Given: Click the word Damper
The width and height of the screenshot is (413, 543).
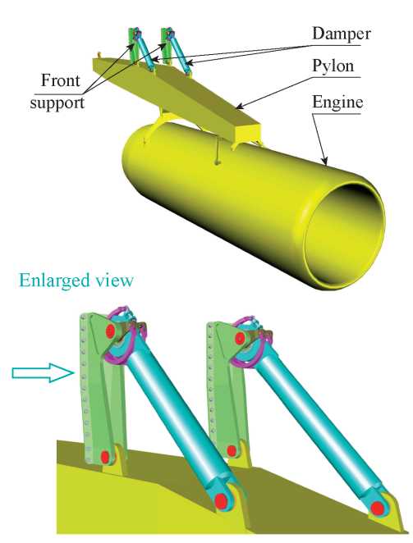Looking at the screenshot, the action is point(342,34).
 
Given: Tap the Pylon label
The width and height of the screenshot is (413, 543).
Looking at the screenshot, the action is point(333,66).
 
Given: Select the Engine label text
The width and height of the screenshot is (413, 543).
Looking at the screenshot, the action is point(337,103).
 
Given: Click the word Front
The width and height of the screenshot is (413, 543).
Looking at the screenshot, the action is point(60,80).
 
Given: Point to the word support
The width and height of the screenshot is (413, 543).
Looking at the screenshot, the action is point(57,103).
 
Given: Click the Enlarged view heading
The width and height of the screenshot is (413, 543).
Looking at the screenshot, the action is point(76,280).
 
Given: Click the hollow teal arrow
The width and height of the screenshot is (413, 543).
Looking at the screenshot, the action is point(44,372).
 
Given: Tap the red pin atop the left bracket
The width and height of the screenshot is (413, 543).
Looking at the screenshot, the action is point(111,331).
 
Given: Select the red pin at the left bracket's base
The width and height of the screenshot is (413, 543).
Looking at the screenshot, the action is point(105,457).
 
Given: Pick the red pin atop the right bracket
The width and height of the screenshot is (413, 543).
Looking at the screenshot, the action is point(239,338).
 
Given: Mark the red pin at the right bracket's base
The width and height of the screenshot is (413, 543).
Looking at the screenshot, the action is point(232,451).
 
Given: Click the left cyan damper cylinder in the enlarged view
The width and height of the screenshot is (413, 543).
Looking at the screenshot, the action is point(175,416).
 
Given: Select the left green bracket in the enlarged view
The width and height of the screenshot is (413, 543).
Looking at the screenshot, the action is point(100,388).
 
